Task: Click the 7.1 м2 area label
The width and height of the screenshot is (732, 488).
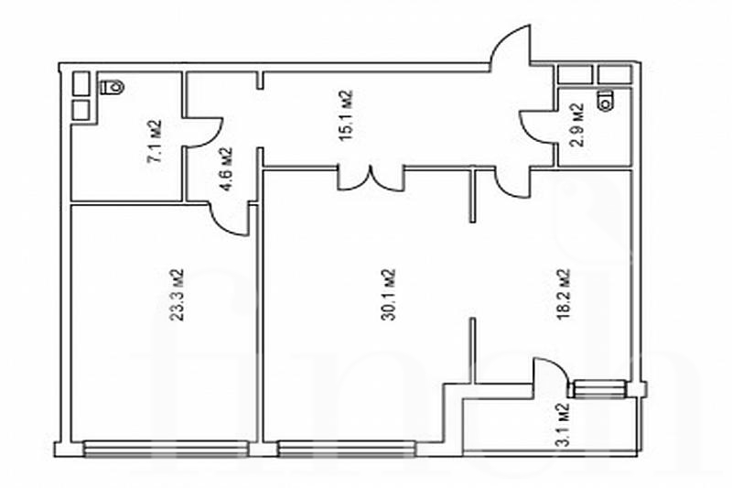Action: click(x=155, y=141)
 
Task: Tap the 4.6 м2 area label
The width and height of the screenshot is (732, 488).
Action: click(x=225, y=169)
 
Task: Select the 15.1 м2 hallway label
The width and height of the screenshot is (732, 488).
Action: click(x=345, y=115)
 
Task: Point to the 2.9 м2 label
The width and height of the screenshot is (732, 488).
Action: click(x=577, y=125)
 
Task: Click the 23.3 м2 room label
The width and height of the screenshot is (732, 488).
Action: click(x=177, y=295)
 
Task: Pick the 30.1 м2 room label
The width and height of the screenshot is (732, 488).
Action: click(x=388, y=294)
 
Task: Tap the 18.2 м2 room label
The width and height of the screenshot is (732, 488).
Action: click(x=564, y=293)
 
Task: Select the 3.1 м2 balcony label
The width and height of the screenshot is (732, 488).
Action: click(x=564, y=424)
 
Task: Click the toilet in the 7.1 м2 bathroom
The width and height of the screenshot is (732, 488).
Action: click(x=113, y=87)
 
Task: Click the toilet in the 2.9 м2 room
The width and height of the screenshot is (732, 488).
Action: click(x=606, y=100)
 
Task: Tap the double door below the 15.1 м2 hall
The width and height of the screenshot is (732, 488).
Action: click(x=371, y=180)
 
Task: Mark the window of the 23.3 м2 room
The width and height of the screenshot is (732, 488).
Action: click(x=166, y=449)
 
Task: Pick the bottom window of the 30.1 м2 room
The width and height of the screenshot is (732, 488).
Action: click(x=347, y=449)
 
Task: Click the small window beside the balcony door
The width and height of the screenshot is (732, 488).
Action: click(x=599, y=389)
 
